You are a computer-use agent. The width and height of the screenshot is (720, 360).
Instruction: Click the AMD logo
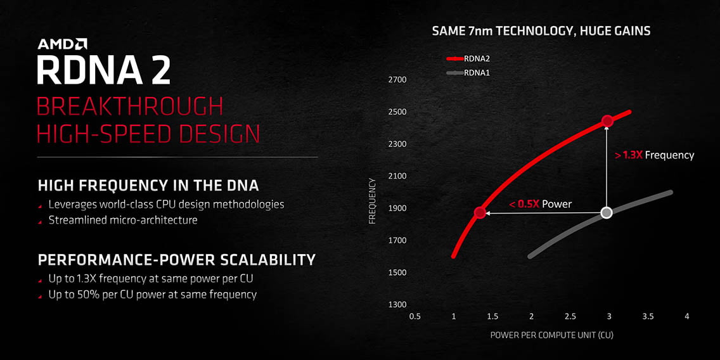[62, 44]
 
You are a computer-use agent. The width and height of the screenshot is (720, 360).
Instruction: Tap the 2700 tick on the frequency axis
[398, 80]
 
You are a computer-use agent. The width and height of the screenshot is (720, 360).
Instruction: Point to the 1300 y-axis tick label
[398, 305]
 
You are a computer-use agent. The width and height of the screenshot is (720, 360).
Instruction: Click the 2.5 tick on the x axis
[570, 316]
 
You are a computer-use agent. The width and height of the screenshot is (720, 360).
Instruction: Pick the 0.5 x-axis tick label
[415, 316]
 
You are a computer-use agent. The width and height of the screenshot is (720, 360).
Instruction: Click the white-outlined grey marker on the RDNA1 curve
[607, 212]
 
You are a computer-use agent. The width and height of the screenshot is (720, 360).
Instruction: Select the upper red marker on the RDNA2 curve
[607, 121]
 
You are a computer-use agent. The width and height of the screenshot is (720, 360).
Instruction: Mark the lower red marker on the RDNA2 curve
[480, 212]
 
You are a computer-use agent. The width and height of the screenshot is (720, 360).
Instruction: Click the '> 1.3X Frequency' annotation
[654, 155]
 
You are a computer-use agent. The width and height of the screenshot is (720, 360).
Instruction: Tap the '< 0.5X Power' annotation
[541, 204]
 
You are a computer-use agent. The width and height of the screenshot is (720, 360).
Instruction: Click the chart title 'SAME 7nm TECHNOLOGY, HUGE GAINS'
[541, 31]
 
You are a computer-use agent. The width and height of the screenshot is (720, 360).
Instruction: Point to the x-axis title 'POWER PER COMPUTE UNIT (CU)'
[551, 334]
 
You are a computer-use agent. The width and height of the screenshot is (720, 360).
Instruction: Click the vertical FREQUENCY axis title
[373, 201]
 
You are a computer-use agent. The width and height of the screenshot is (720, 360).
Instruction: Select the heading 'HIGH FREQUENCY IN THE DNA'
[148, 186]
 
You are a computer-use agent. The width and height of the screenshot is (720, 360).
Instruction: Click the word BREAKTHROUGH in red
[130, 107]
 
